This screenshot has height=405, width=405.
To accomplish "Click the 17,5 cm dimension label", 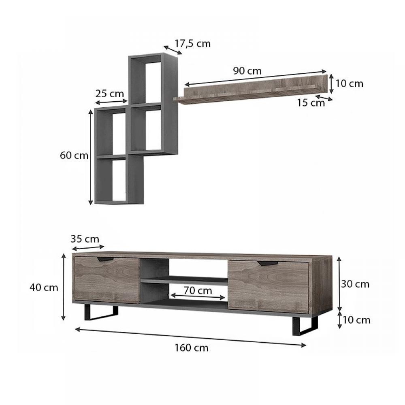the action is point(193,44).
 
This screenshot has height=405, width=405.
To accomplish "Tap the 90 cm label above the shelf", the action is point(247,71).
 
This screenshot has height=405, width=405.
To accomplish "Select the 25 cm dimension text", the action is point(109,94).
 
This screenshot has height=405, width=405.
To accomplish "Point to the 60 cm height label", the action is point(74,156).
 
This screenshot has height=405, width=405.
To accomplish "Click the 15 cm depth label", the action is point(311,103).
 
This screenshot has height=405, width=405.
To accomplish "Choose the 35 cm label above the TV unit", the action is point(85,239).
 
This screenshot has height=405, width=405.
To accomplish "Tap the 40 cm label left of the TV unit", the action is point(44,288).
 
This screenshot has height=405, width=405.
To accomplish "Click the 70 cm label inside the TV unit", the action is point(198,290).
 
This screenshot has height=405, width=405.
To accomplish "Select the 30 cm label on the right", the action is point(355,284).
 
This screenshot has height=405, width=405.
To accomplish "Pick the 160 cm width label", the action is point(192,348).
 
